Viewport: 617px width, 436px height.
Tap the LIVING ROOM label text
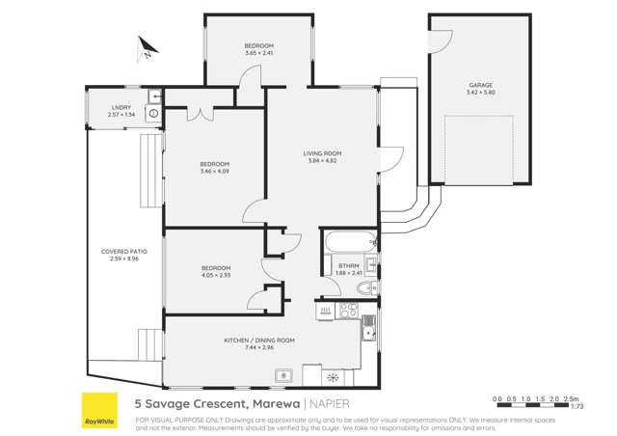323,153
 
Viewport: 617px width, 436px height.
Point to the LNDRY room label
121,107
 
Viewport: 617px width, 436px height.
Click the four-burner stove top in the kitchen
349,310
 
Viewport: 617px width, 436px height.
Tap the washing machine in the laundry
152,114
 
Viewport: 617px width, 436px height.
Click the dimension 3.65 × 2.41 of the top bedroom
258,53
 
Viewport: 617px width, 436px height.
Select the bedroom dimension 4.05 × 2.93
216,274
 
